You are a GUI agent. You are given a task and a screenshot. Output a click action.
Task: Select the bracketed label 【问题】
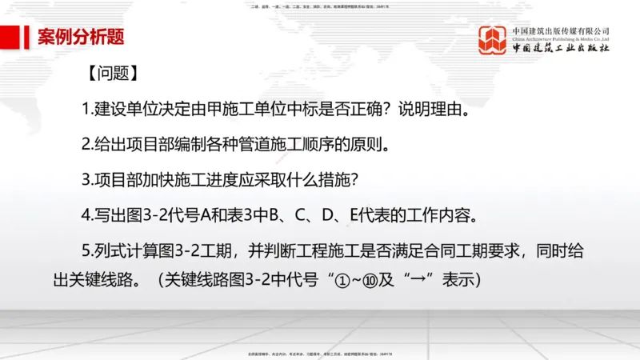111,74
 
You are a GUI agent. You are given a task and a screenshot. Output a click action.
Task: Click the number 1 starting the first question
86,108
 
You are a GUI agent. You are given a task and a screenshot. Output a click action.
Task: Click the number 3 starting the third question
86,180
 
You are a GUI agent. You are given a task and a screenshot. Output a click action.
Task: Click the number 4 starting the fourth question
86,216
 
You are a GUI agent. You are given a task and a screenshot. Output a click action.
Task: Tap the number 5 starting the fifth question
86,252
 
